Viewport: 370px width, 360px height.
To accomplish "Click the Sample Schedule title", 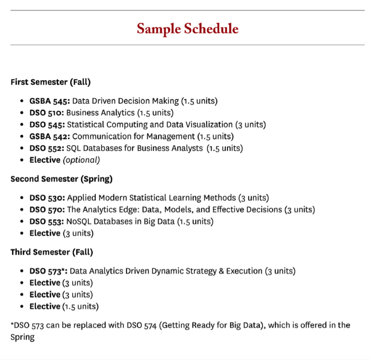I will coord(187,29).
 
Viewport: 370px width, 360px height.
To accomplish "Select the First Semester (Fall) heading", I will coord(51,82).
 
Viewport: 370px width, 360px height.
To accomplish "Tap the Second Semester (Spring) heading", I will coord(61,179).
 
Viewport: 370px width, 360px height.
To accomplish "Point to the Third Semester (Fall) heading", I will coord(52,252).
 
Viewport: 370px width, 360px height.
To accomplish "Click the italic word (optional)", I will coord(81,160).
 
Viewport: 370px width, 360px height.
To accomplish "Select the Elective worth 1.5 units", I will coord(45,307).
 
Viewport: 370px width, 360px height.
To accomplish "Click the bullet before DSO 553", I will coord(22,221).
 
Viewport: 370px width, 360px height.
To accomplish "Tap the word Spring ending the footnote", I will coord(22,337).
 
